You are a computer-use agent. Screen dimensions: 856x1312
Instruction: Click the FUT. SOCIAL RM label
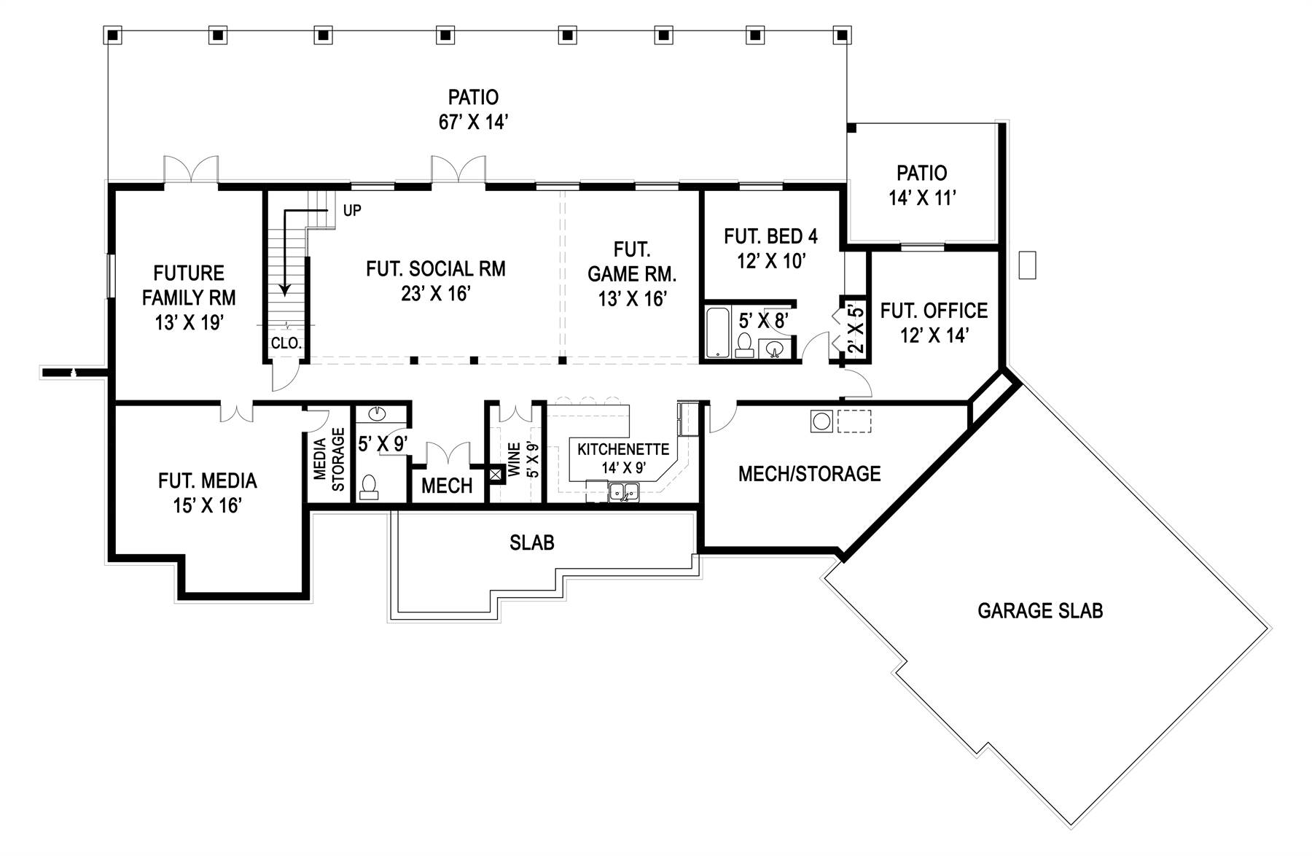click(x=435, y=269)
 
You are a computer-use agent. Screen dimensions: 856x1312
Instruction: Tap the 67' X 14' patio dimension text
click(x=472, y=122)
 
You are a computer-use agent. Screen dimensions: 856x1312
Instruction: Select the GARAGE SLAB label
click(x=1039, y=610)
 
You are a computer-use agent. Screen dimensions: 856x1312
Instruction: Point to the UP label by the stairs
click(x=352, y=211)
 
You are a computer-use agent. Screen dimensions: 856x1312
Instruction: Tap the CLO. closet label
click(x=286, y=343)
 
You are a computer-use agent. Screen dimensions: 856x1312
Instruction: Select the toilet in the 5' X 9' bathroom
click(x=370, y=487)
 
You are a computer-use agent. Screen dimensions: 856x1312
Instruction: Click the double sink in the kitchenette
click(x=624, y=491)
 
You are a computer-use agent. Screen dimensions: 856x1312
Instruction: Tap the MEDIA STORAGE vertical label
click(x=329, y=459)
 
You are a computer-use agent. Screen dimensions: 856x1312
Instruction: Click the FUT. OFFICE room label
click(x=934, y=311)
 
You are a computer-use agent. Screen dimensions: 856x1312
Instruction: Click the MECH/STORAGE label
click(x=809, y=474)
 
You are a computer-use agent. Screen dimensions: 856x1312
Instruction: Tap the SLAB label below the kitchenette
click(x=531, y=542)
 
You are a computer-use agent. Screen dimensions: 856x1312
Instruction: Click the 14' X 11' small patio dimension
click(x=922, y=198)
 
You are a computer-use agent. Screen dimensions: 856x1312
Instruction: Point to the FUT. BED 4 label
click(x=770, y=236)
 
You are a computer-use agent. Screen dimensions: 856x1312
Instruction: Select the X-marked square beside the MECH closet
click(x=496, y=475)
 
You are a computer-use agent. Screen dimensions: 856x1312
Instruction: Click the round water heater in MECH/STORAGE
click(x=821, y=421)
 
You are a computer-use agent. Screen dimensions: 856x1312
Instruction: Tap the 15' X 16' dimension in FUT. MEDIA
click(x=207, y=505)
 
